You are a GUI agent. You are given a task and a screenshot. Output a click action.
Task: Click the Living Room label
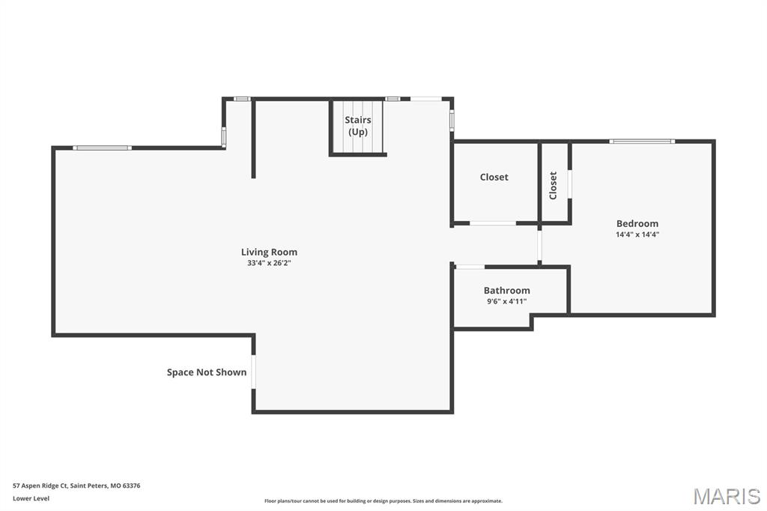click(x=269, y=252)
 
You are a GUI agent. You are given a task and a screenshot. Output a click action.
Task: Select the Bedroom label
click(x=637, y=223)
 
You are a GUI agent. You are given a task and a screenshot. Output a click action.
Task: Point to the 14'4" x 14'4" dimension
click(x=637, y=235)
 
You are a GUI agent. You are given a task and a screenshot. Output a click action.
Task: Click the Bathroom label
click(x=506, y=290)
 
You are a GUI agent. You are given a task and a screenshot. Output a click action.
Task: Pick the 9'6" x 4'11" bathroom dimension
click(x=506, y=301)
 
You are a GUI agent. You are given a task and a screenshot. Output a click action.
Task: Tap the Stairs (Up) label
click(x=358, y=126)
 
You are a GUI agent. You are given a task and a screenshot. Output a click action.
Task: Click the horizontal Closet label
click(x=494, y=177)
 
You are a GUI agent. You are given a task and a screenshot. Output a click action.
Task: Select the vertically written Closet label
click(x=553, y=185)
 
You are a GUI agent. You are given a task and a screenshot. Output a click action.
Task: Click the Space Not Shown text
click(x=206, y=372)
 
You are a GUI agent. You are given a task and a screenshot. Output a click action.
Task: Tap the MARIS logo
click(x=726, y=496)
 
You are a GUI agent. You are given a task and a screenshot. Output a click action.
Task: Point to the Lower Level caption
click(x=31, y=498)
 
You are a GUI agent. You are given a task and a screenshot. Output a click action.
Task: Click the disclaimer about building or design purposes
click(x=383, y=501)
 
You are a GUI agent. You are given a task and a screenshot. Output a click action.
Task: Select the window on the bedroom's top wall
click(x=642, y=141)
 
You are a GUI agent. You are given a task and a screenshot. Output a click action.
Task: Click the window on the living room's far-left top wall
click(x=103, y=148)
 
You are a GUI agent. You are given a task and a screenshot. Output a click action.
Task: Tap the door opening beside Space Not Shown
click(x=253, y=372)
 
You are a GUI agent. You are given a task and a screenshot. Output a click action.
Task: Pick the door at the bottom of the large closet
click(x=492, y=223)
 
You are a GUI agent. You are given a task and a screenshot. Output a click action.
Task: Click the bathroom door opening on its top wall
click(x=470, y=266)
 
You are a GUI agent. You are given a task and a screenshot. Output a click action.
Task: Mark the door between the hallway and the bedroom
click(x=539, y=244)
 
